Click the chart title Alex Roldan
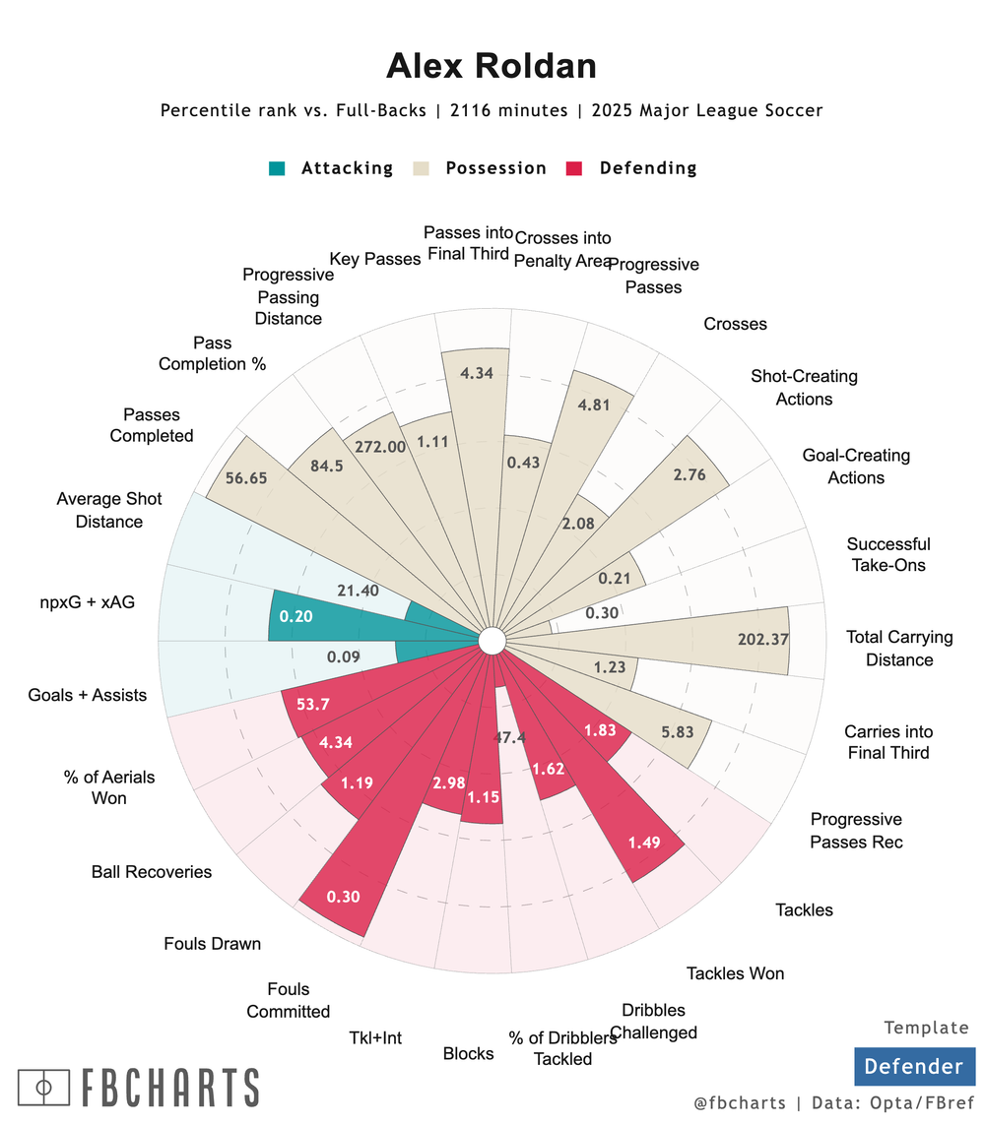(492, 66)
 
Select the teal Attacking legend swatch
(277, 168)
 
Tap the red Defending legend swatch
(575, 168)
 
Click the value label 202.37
(763, 639)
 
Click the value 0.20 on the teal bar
(295, 616)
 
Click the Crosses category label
(736, 324)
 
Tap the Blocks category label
(468, 1053)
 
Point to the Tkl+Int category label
(375, 1036)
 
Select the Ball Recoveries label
(152, 871)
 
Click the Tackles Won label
(735, 972)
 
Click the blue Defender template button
(914, 1066)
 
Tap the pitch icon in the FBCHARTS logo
(42, 1088)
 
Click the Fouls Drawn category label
(213, 944)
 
